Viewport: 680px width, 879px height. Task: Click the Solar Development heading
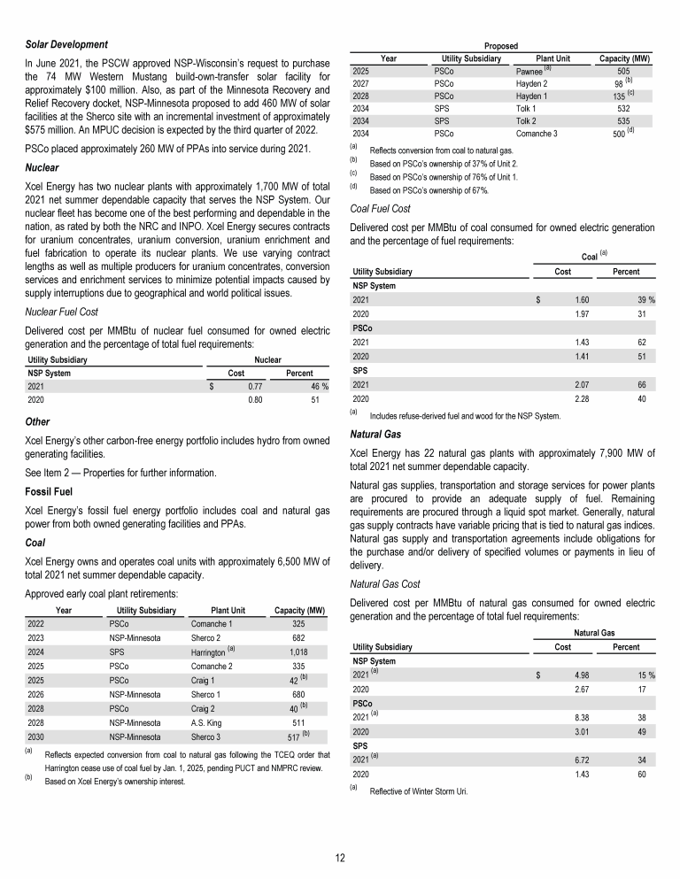pyautogui.click(x=66, y=44)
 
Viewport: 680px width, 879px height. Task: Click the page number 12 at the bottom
pyautogui.click(x=340, y=857)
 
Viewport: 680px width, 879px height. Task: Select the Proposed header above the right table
pyautogui.click(x=500, y=45)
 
